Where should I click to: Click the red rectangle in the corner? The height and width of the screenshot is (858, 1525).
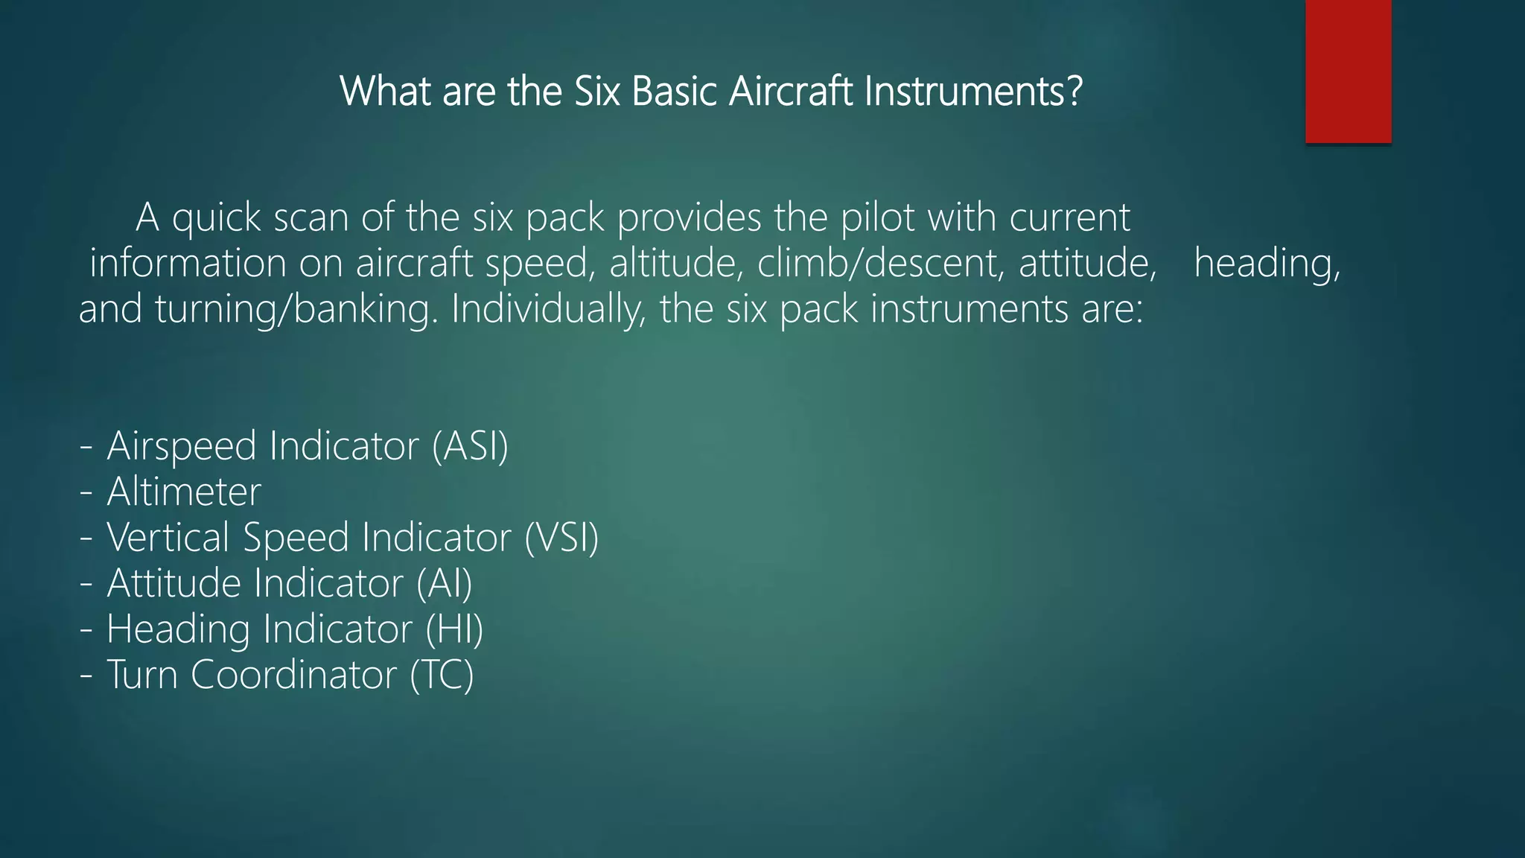point(1348,71)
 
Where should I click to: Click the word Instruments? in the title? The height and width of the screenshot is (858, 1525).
point(973,92)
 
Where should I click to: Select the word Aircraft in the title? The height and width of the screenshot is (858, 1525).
point(791,92)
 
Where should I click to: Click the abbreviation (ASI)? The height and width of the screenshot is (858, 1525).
point(471,446)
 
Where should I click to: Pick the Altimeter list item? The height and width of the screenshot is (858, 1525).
point(184,492)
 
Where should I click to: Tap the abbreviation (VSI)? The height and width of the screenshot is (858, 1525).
point(561,538)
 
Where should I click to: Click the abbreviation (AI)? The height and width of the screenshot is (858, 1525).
point(445,583)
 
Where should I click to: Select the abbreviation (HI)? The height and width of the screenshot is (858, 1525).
point(454,629)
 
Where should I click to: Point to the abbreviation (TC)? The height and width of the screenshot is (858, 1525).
point(442,675)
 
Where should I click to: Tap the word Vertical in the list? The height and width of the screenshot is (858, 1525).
point(168,538)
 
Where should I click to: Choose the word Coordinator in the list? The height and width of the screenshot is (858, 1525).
point(294,675)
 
